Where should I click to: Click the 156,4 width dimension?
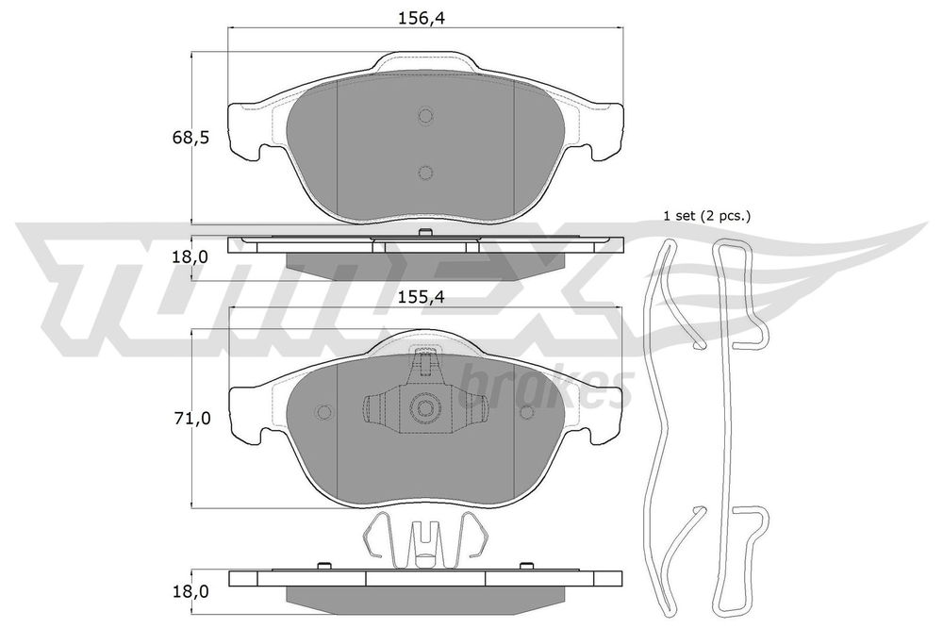[425, 18]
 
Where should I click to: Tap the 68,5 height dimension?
[190, 138]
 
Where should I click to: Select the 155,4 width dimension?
[425, 296]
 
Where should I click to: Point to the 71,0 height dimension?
[192, 418]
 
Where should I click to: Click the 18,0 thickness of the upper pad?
[190, 256]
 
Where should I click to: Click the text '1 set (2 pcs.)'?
[706, 216]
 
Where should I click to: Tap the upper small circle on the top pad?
[426, 116]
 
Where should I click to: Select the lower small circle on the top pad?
[425, 174]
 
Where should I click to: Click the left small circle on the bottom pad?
[324, 412]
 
